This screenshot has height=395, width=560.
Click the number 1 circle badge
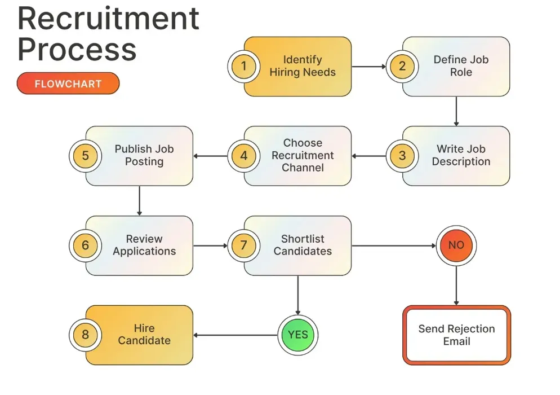243,66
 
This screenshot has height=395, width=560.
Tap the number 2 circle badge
402,66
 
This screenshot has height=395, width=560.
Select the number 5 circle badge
85,155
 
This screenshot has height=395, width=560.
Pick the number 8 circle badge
85,335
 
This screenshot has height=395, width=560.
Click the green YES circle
298,335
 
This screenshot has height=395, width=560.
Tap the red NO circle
456,245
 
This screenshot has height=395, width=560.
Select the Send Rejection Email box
456,335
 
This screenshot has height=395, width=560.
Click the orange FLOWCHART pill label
68,84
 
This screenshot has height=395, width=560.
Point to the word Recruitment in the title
108,19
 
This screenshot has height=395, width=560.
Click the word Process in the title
77,50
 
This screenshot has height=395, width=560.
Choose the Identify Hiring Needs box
302,66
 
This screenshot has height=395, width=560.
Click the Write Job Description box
461,156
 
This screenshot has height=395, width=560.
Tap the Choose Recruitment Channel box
303,155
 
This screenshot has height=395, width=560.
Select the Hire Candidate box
144,335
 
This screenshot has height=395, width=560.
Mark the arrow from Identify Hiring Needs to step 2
368,67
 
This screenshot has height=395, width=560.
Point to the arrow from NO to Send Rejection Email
456,285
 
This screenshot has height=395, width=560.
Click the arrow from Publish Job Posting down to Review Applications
139,200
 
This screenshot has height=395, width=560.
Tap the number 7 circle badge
243,245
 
